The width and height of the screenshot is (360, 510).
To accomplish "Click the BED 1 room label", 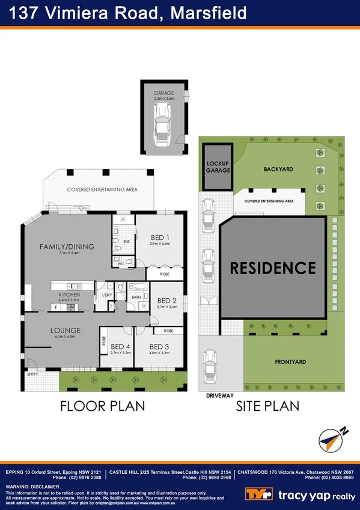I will (159, 236).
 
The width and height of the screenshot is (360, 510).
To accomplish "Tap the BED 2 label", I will (166, 301).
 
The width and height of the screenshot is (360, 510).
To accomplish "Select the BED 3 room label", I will (159, 346).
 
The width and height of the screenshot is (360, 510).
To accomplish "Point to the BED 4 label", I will (120, 346).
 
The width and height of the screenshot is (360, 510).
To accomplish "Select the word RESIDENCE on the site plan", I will (273, 268).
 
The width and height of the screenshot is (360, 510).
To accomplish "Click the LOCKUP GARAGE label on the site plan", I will (218, 167).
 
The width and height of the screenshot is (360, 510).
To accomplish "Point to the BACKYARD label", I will (278, 170).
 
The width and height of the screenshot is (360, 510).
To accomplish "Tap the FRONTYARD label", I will (290, 362).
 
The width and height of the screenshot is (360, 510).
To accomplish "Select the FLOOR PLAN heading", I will (102, 406).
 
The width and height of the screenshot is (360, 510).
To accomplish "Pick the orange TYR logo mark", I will (258, 494).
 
